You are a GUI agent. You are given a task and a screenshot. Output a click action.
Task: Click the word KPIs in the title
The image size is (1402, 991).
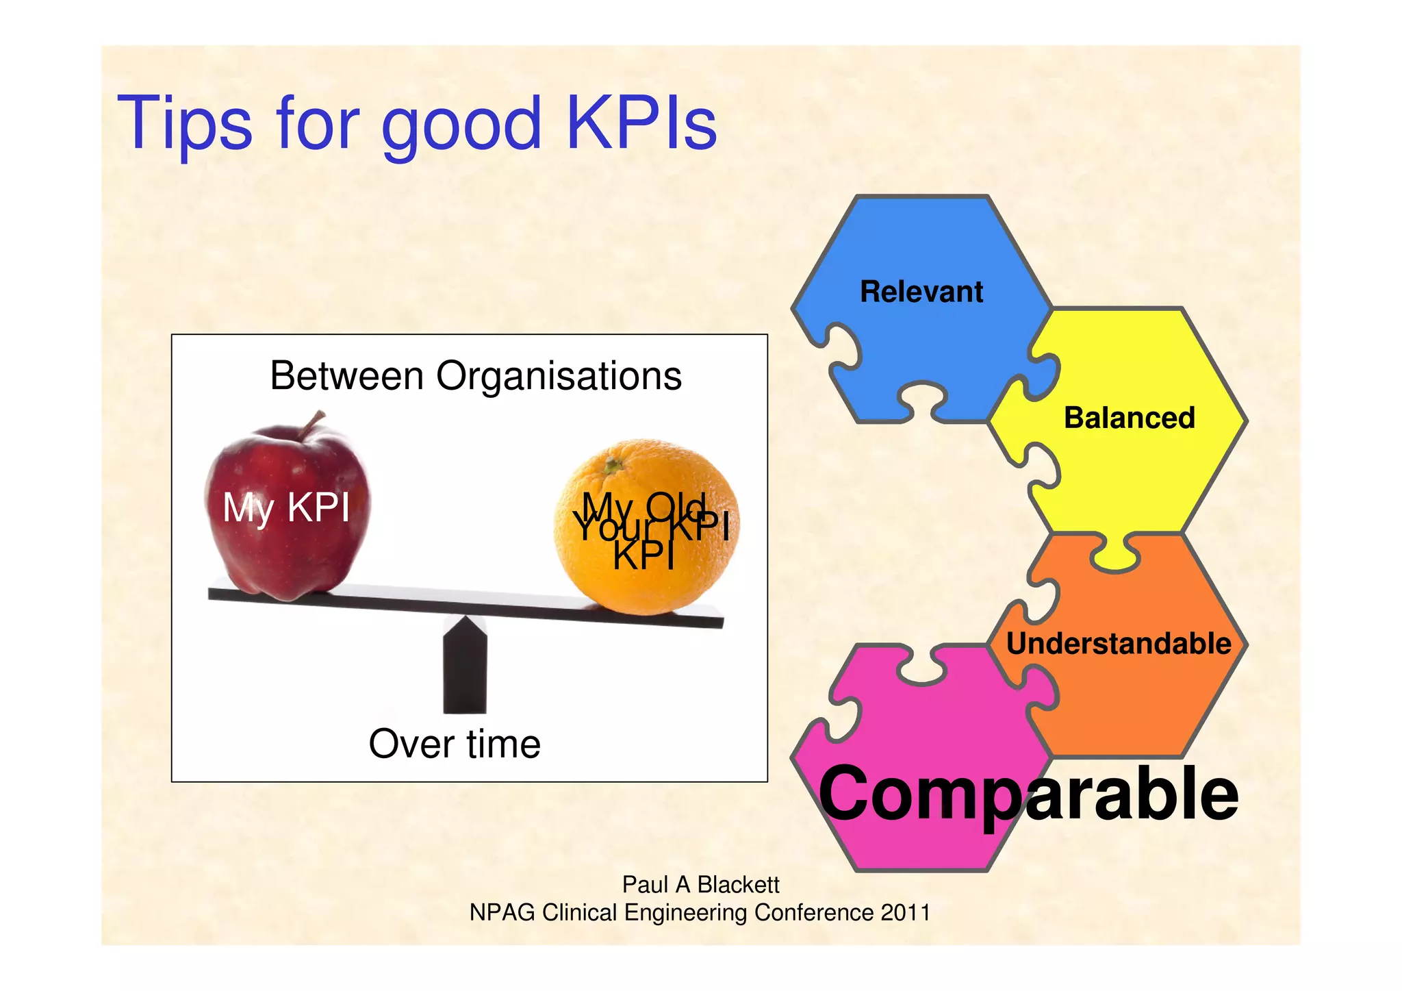[x=641, y=123]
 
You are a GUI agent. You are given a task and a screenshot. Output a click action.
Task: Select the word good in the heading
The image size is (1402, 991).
[x=461, y=127]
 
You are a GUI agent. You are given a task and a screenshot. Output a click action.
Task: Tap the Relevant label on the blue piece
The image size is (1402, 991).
[x=921, y=292]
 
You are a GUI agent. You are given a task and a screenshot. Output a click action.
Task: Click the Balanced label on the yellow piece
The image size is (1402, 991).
[x=1129, y=418]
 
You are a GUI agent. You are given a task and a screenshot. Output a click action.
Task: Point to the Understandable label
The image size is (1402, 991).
[x=1119, y=644]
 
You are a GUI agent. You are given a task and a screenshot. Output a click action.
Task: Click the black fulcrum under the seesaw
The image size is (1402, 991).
[x=465, y=668]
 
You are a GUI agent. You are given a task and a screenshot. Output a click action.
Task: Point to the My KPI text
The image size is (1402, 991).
[x=286, y=508]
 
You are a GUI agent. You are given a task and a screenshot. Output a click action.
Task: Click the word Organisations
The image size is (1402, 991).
[x=559, y=376]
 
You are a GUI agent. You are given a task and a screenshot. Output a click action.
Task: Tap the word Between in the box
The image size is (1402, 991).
[x=347, y=376]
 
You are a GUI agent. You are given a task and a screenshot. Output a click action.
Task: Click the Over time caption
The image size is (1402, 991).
[x=455, y=744]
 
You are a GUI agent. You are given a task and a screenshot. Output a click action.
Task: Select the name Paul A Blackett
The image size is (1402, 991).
[x=700, y=885]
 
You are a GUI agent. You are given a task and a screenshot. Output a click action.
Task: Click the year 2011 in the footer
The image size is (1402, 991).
[x=905, y=913]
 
